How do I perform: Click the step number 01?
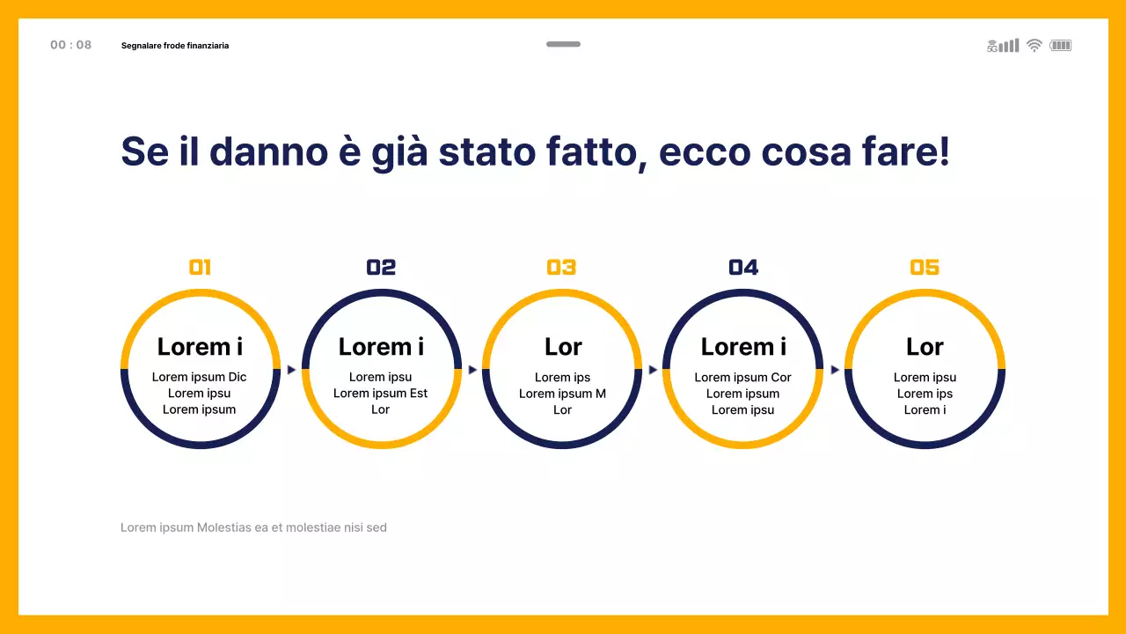pyautogui.click(x=200, y=267)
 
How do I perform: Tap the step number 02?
pyautogui.click(x=381, y=267)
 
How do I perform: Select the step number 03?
pyautogui.click(x=561, y=267)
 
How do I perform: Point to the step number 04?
pyautogui.click(x=743, y=267)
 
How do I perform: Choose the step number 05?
pyautogui.click(x=925, y=267)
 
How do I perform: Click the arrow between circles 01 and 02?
pyautogui.click(x=291, y=370)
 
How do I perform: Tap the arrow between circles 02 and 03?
pyautogui.click(x=472, y=370)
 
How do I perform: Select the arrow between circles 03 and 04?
pyautogui.click(x=653, y=370)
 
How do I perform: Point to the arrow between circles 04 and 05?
pyautogui.click(x=835, y=370)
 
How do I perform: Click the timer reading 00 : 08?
pyautogui.click(x=70, y=45)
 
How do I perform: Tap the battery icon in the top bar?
pyautogui.click(x=1060, y=45)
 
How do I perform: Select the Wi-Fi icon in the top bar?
pyautogui.click(x=1035, y=45)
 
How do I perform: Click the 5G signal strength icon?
pyautogui.click(x=1003, y=46)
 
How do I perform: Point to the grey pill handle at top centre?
pyautogui.click(x=563, y=44)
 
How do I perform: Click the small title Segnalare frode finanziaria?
pyautogui.click(x=175, y=45)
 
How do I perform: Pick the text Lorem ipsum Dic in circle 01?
pyautogui.click(x=200, y=377)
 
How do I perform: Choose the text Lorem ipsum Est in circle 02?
pyautogui.click(x=380, y=394)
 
